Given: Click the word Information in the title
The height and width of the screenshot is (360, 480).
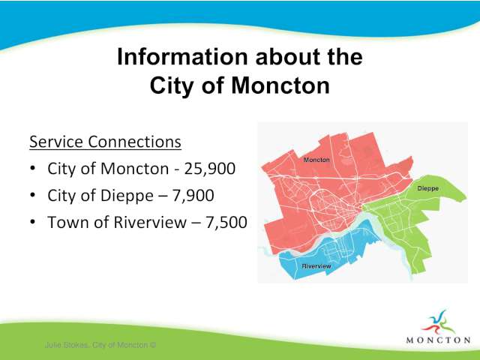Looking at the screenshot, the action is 182,57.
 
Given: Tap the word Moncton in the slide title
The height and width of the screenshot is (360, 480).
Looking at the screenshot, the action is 280,85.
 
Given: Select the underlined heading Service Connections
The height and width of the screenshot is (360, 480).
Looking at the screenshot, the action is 105,142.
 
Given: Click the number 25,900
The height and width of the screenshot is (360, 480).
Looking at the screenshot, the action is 210,169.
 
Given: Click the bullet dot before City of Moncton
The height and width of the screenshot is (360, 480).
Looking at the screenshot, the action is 33,169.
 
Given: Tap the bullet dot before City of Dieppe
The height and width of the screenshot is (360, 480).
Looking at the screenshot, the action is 33,195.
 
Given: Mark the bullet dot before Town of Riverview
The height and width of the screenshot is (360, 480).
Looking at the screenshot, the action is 33,222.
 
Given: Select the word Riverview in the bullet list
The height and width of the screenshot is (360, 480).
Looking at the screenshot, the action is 150,222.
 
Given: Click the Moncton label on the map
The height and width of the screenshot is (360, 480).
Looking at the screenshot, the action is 316,160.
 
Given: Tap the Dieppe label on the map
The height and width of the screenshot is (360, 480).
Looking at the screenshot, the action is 428,188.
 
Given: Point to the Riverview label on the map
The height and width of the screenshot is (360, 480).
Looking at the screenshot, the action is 316,266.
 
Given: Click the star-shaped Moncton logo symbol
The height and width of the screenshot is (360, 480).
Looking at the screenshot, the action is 438,323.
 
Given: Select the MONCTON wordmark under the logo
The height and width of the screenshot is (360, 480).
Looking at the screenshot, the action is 438,340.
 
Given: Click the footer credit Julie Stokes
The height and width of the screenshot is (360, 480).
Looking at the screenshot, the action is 67,345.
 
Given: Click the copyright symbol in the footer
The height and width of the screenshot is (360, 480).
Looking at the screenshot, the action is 153,345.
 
